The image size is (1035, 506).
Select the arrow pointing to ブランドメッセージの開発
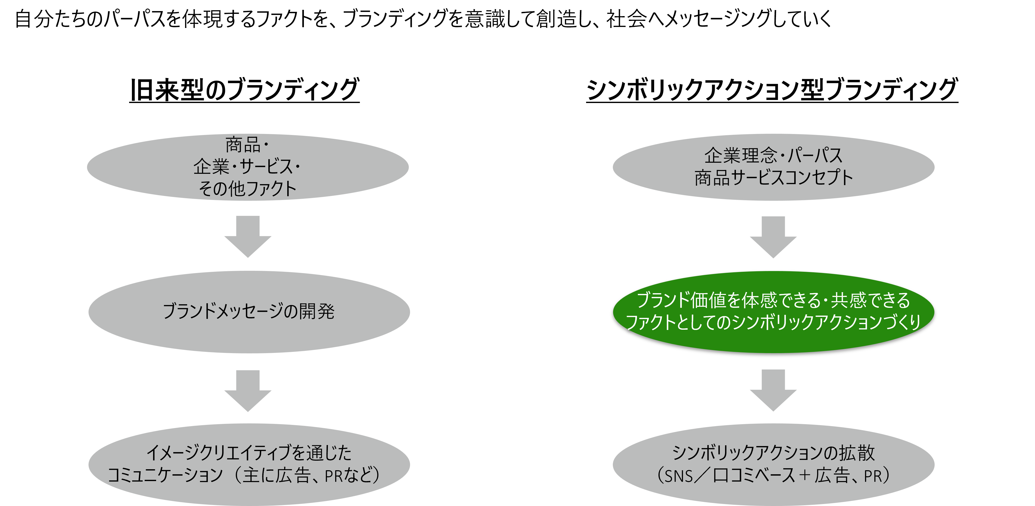pos(248,237)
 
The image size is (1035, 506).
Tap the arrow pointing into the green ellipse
pos(773,237)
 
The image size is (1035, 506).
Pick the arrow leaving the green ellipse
pos(773,390)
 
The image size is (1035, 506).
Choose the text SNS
pos(679,476)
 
